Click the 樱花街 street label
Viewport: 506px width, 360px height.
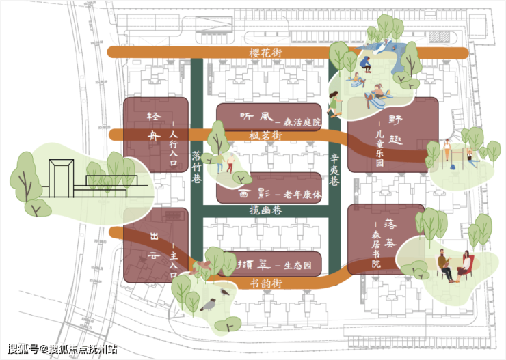tap(266, 53)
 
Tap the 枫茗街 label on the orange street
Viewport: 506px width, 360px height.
tap(266, 136)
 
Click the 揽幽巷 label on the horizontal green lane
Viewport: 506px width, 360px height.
tap(266, 212)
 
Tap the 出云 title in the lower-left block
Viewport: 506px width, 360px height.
tap(155, 245)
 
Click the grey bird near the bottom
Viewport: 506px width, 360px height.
tap(208, 304)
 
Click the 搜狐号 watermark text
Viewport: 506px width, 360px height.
tap(23, 348)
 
